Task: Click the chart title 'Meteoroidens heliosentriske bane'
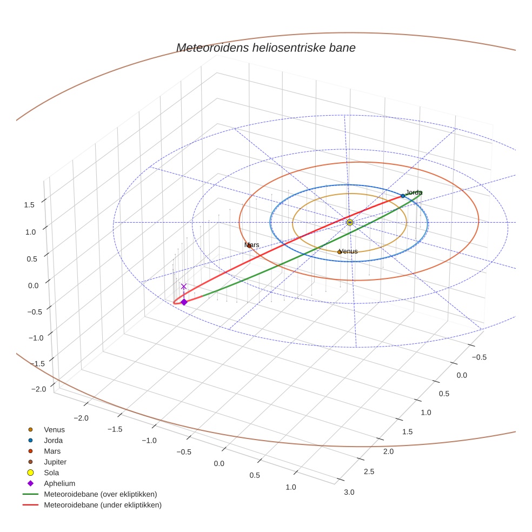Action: pos(265,48)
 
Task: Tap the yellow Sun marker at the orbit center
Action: pos(350,222)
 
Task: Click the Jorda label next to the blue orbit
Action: pos(414,192)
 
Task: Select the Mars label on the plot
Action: pos(251,245)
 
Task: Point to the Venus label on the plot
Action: pos(348,251)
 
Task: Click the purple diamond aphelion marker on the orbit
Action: pos(184,302)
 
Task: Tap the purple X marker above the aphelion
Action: pos(184,287)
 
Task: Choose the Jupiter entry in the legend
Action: pos(55,462)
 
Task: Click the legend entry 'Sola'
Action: pos(51,473)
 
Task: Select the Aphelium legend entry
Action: pos(59,483)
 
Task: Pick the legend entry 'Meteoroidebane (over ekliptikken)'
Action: pos(100,494)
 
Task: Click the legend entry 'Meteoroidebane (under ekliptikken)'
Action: pos(102,505)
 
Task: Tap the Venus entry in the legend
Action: pos(54,430)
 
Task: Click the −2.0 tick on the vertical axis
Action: pos(38,389)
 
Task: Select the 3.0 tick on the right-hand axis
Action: pos(349,491)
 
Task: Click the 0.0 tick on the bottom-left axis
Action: pos(218,464)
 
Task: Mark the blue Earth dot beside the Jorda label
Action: pos(403,196)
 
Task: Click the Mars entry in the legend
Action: pos(52,451)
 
